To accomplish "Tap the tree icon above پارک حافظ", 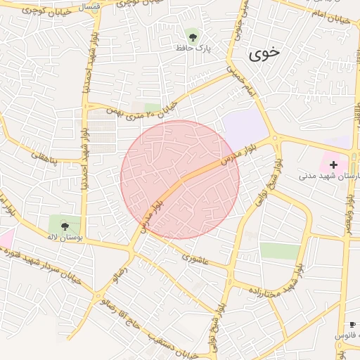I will [x=193, y=35].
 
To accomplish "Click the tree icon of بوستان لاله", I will [x=65, y=226].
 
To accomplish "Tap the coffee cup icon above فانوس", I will [x=352, y=324].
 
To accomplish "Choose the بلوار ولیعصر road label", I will [x=348, y=205].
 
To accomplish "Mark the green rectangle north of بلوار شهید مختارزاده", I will [x=279, y=251].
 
